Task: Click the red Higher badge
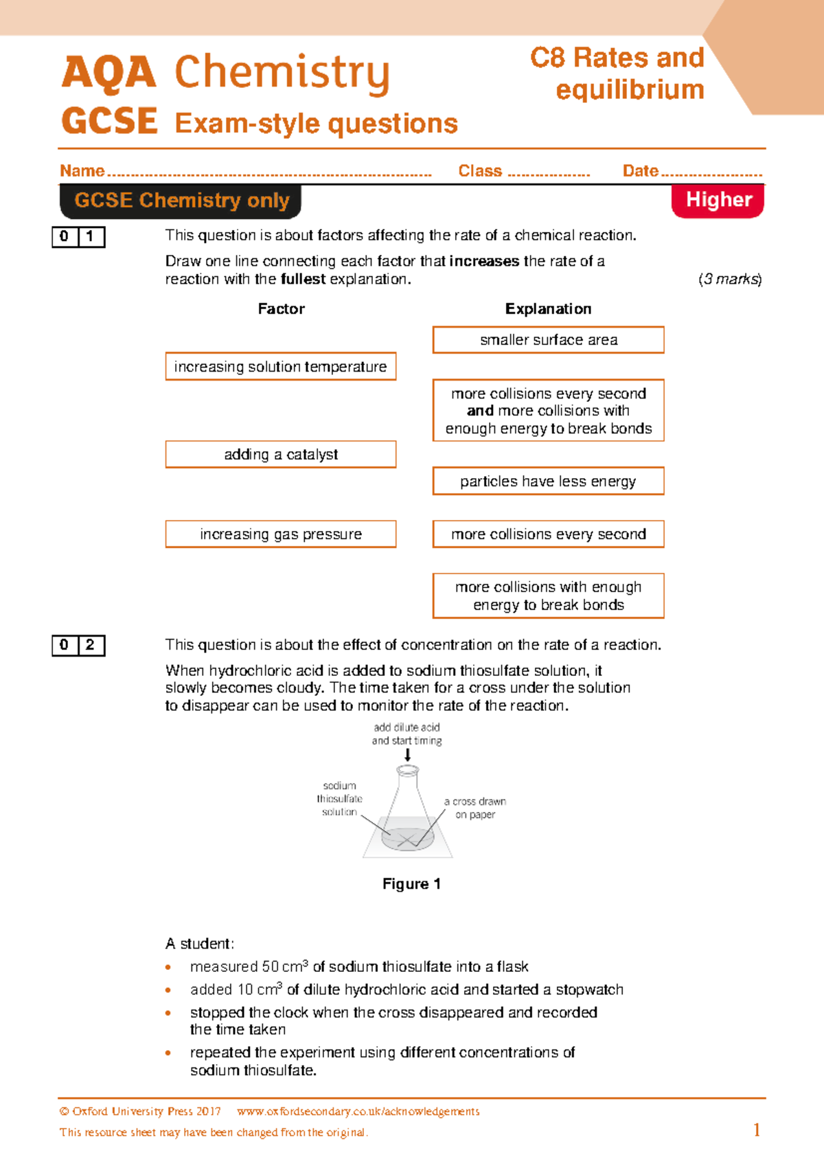(x=718, y=200)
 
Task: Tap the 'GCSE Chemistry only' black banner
(x=181, y=201)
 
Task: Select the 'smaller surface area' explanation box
(x=548, y=340)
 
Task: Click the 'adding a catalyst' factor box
(x=280, y=455)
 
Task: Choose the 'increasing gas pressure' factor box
(x=280, y=534)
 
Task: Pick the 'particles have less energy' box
(x=548, y=482)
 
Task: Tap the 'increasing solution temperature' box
(x=280, y=367)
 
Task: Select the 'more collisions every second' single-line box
(x=548, y=534)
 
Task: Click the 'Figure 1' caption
(x=411, y=884)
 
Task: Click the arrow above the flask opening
(x=407, y=755)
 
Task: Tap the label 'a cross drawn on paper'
(x=475, y=808)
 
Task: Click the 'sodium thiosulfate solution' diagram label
(x=339, y=799)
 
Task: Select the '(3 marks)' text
(x=730, y=280)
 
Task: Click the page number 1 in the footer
(x=757, y=1130)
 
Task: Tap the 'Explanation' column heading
(x=548, y=309)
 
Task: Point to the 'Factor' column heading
(x=281, y=309)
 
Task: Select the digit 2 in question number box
(x=91, y=645)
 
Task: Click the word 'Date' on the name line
(x=640, y=171)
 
